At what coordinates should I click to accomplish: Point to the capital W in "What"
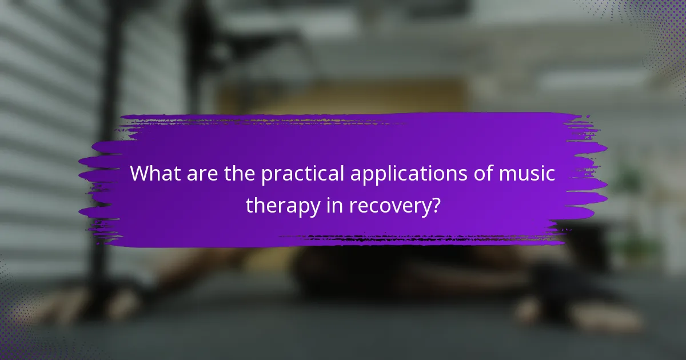click(139, 174)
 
